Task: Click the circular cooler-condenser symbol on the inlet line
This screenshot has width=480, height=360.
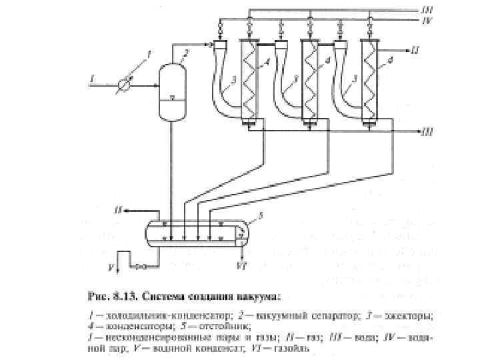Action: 125,84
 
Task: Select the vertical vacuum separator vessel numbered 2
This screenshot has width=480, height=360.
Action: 173,91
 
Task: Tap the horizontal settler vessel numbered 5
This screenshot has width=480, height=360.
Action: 193,234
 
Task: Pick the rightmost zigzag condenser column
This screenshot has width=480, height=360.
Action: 369,80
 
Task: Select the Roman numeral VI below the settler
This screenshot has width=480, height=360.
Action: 241,265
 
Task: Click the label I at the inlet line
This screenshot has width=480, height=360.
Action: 91,79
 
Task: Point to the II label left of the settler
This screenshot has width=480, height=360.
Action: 119,209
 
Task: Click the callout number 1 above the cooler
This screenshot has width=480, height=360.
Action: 148,53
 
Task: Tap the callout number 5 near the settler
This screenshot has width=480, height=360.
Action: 260,215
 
